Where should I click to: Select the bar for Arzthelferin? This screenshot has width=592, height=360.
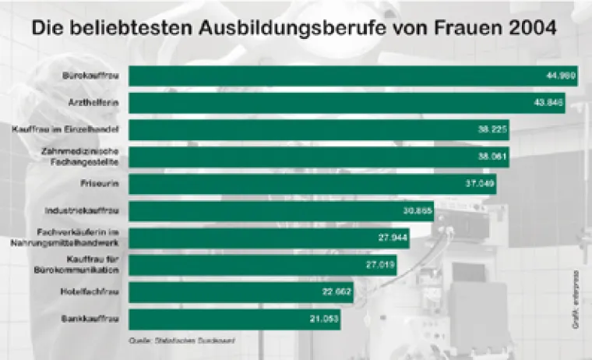coord(347,103)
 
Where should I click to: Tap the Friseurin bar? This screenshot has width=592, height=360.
coord(312,184)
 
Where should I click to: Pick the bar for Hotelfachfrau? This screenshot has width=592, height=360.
coord(241,292)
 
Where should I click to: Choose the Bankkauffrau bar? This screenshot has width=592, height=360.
coord(234,319)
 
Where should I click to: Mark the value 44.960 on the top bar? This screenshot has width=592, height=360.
coord(559,76)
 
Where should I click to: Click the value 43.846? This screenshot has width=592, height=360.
coord(549,103)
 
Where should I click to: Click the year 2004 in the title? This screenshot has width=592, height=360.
coord(529,30)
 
